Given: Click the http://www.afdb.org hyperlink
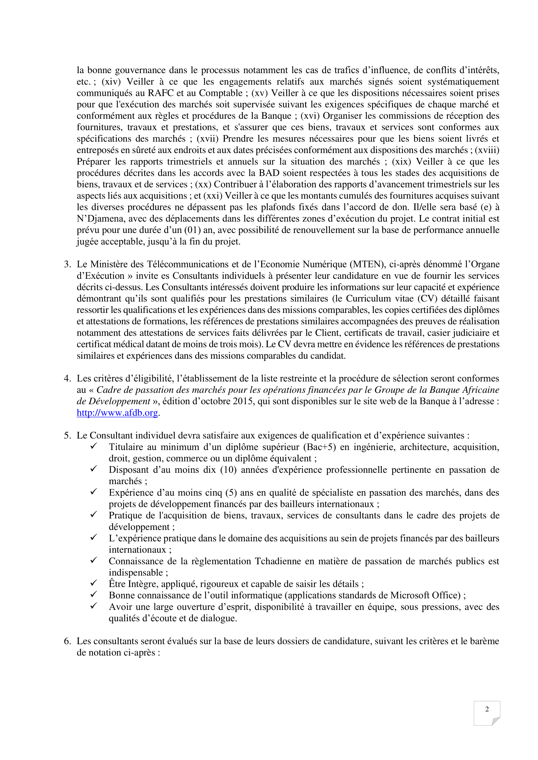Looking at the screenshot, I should (117, 413).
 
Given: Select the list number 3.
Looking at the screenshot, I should (67, 264).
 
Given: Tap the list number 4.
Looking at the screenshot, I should (67, 378).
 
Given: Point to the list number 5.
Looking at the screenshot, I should (67, 435).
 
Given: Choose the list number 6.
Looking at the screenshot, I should (67, 641).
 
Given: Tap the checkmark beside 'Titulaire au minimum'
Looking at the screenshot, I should (94, 446).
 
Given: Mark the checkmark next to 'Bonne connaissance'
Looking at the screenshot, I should (94, 594).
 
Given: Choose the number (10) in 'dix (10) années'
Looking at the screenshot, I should (228, 470).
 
